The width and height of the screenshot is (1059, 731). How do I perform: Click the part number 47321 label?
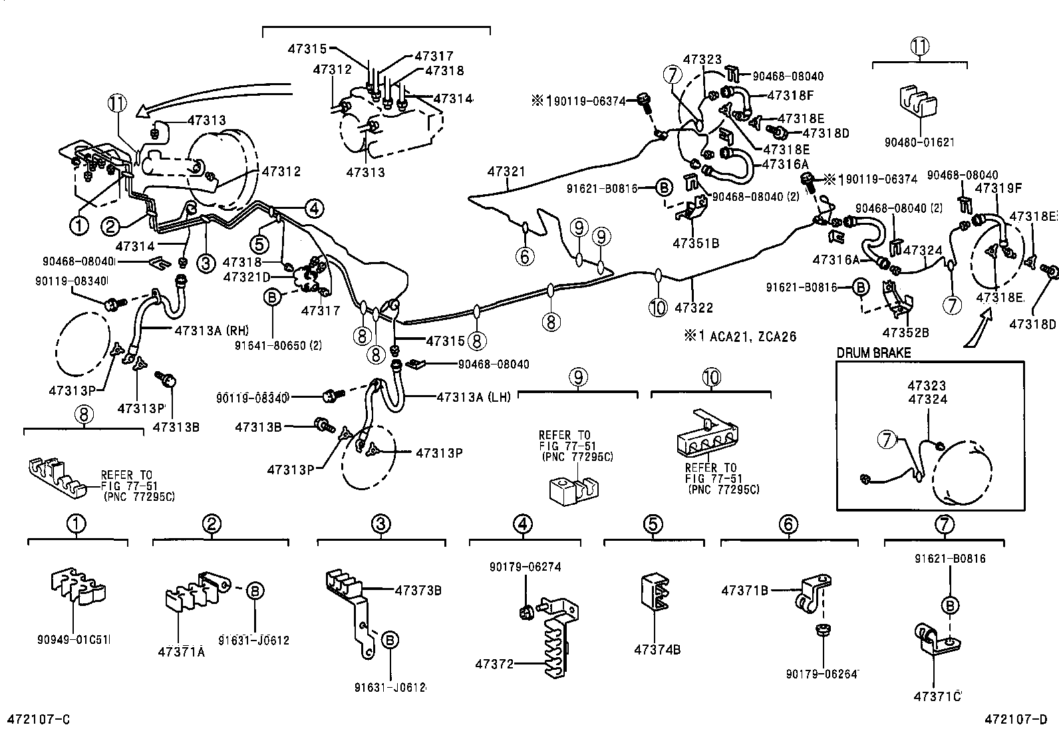tap(506, 172)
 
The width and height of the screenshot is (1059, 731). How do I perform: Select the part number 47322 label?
tap(693, 307)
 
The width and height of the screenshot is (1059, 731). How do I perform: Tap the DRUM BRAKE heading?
tap(873, 353)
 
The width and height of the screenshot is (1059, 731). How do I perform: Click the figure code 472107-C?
tap(38, 719)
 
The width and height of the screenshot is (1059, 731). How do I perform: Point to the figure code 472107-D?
tap(1016, 719)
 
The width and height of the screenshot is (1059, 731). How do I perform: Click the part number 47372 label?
tap(494, 663)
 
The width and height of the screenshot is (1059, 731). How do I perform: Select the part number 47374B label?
tap(657, 650)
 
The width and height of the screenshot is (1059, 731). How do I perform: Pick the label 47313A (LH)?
tap(474, 397)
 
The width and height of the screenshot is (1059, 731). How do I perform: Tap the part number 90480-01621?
tap(920, 142)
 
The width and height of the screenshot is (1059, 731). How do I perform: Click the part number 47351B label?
tap(696, 243)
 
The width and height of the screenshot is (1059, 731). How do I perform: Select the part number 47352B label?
tap(905, 332)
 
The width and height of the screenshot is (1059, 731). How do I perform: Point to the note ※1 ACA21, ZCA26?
tap(739, 337)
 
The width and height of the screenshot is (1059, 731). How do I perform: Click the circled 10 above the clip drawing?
tap(710, 377)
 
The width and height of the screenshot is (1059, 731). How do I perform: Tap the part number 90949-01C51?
tap(74, 640)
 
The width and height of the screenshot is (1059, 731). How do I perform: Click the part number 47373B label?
tap(418, 590)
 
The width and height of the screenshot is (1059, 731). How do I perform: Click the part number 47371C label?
tap(937, 696)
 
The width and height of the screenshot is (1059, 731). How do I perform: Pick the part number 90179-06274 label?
tap(525, 567)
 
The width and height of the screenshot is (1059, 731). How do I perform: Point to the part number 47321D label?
tap(247, 277)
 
